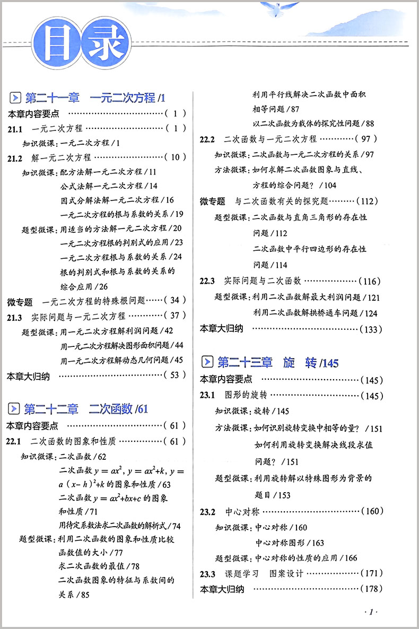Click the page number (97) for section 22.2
pyautogui.click(x=368, y=139)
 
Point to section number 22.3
pyautogui.click(x=207, y=281)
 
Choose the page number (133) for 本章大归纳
pyautogui.click(x=370, y=329)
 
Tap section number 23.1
pyautogui.click(x=207, y=396)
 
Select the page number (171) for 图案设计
pyautogui.click(x=370, y=573)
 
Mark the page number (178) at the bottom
pyautogui.click(x=370, y=589)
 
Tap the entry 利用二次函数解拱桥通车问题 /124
pyautogui.click(x=315, y=313)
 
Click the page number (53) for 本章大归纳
pyautogui.click(x=175, y=375)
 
